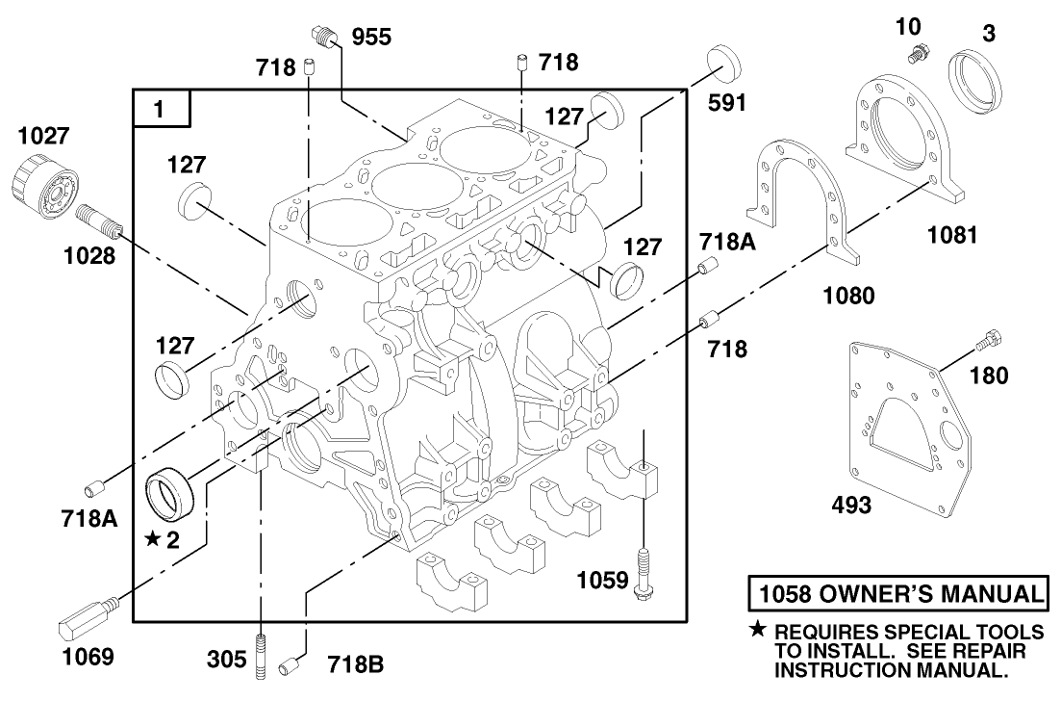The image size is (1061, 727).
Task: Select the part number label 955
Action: point(372,39)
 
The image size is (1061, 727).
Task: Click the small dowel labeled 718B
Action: point(289,665)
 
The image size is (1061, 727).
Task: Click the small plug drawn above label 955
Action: point(325,37)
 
